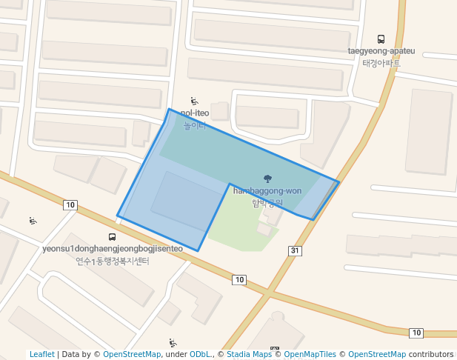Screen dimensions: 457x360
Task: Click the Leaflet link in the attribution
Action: (x=41, y=355)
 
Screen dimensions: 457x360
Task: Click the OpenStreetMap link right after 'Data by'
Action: (x=132, y=355)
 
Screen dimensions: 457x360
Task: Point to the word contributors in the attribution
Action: (x=430, y=355)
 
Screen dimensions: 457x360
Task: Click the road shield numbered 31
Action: (x=295, y=251)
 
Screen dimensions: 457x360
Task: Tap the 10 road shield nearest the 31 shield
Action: (x=238, y=279)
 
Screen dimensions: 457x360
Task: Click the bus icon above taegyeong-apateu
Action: (x=381, y=39)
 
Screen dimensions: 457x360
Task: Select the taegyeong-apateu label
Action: (x=381, y=51)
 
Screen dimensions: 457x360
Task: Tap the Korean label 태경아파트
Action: (x=381, y=63)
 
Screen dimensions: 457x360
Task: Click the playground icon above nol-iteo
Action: (x=195, y=101)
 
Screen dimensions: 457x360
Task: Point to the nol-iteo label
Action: (x=195, y=113)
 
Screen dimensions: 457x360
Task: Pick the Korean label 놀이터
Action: (x=194, y=125)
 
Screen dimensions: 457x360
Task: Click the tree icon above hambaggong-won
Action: (x=267, y=179)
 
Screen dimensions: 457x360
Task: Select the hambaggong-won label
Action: (x=267, y=190)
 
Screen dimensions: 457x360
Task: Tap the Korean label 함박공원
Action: (x=267, y=202)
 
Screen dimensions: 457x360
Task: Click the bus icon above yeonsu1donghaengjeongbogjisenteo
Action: (x=112, y=237)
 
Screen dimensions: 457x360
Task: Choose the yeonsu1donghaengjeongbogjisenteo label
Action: (x=113, y=249)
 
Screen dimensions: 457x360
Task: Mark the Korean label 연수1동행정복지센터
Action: (x=113, y=261)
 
